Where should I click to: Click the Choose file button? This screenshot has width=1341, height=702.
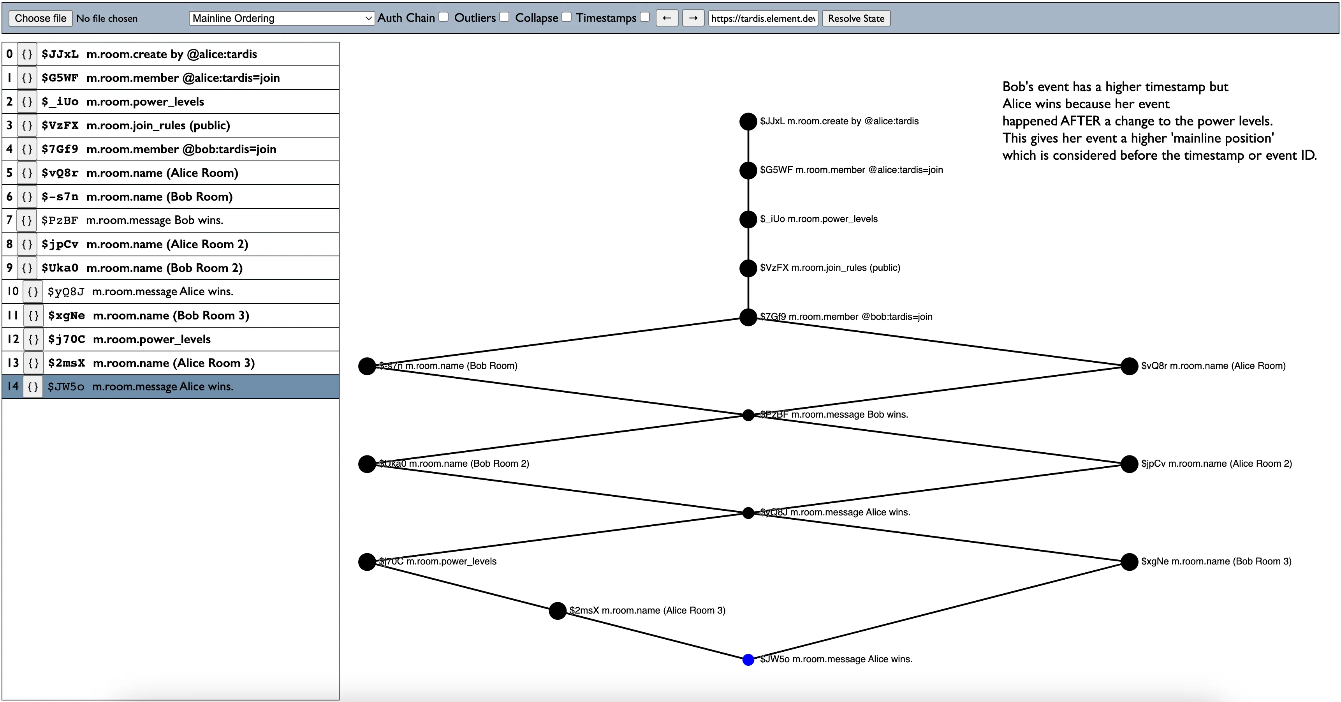[40, 18]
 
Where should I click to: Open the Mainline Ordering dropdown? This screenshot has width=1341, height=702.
[282, 18]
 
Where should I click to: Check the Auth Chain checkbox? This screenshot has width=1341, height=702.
[443, 17]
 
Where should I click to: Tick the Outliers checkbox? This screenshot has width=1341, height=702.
[505, 17]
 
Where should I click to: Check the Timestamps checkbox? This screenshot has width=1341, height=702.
[645, 17]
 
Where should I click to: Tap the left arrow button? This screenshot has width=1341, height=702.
[667, 18]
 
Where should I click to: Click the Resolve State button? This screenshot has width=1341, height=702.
[856, 18]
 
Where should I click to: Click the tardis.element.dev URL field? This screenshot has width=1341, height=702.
[763, 18]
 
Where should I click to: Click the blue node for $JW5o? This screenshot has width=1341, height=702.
[748, 660]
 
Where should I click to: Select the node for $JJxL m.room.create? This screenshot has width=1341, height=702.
[748, 121]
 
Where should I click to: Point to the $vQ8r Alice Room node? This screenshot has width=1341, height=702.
[1129, 366]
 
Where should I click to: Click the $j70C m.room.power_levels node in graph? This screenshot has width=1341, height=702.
[367, 562]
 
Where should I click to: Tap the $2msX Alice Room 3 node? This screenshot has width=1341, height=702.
[558, 611]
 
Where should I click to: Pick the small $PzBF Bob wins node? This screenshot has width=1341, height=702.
[748, 415]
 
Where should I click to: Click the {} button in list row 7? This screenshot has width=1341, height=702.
[26, 220]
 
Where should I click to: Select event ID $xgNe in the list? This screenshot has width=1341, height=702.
[67, 316]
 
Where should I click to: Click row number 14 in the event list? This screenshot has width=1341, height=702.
[13, 386]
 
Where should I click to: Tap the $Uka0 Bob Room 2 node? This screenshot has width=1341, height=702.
[367, 464]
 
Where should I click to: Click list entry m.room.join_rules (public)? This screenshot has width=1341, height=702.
[158, 125]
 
